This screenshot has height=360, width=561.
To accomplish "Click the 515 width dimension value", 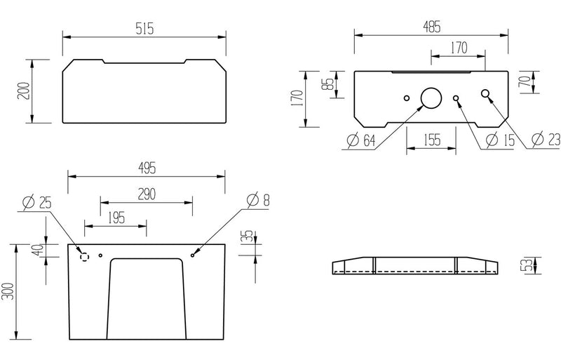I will pyautogui.click(x=143, y=28).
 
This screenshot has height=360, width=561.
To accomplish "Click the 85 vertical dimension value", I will pyautogui.click(x=326, y=84).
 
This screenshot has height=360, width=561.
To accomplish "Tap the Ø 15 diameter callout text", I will pyautogui.click(x=499, y=140).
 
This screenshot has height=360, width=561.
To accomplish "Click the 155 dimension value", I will pyautogui.click(x=432, y=140).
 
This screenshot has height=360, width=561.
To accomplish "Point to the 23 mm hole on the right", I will pyautogui.click(x=485, y=94).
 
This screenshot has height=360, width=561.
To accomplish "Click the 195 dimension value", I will pyautogui.click(x=116, y=218).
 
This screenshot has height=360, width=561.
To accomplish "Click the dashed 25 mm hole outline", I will pyautogui.click(x=86, y=256).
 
